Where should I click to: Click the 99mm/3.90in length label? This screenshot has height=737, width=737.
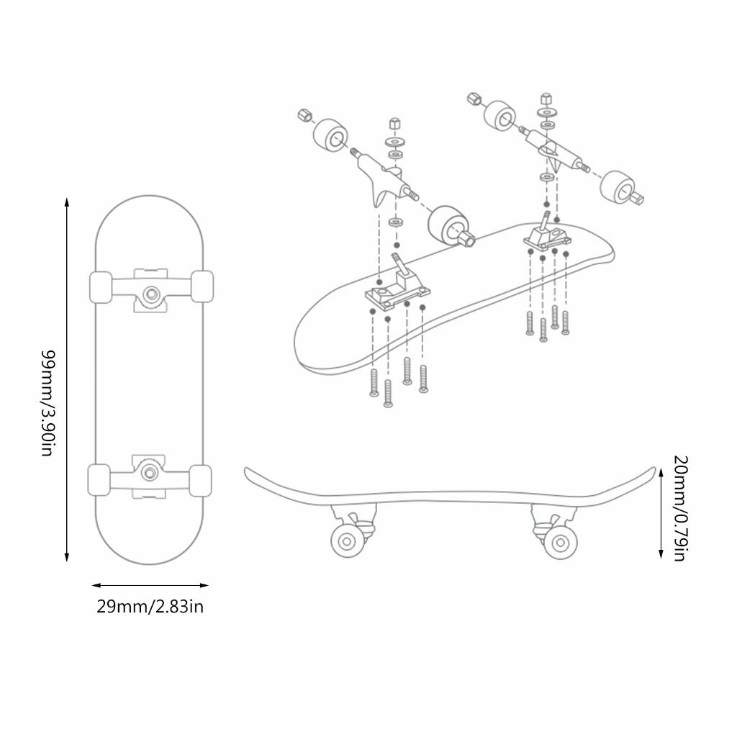coord(48,403)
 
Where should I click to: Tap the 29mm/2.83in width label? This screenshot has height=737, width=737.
coord(150,606)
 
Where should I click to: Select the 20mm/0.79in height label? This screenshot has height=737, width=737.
coord(681,508)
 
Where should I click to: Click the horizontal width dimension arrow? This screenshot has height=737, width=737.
coord(150,585)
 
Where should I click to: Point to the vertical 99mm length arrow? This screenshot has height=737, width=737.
coord(67,379)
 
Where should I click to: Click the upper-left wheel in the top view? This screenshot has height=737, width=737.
coord(101,286)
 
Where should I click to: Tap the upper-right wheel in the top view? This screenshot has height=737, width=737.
coord(202,286)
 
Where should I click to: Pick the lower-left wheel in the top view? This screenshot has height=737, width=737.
coord(99,480)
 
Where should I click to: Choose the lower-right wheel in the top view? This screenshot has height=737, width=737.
coord(200,481)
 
